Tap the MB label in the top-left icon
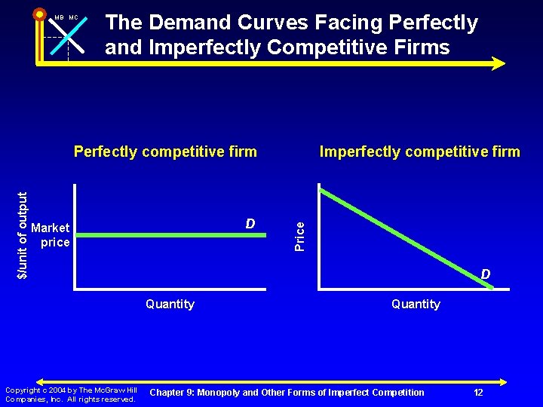pos(59,17)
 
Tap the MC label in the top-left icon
pos(74,17)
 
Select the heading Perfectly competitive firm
pos(165,151)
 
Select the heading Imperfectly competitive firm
pos(419,151)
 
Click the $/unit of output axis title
pos(23,234)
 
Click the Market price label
pos(51,234)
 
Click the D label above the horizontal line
pos(250,224)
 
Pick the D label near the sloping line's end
pos(486,274)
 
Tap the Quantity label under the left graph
pos(170,304)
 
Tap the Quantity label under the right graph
pos(416,304)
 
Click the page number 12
pos(478,393)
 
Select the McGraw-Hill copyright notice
pos(70,394)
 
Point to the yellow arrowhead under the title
pos(498,63)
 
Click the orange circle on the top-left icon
pos(39,14)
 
